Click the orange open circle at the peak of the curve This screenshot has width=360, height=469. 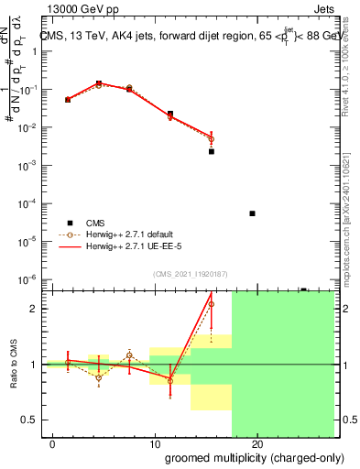tap(98, 84)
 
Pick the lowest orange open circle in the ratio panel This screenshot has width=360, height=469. tap(98, 377)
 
